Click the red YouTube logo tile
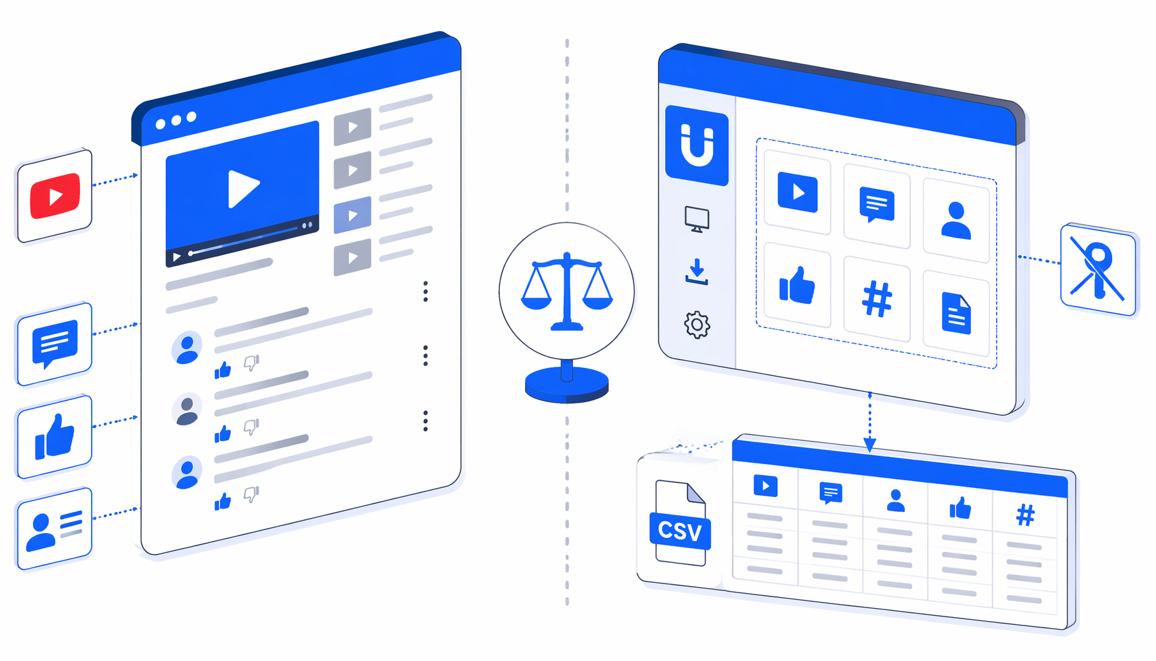coord(54,196)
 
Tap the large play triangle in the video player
coord(243,188)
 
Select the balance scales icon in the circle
coord(567,292)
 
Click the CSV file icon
coord(680,524)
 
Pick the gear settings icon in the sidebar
coord(697,325)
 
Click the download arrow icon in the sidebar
coord(697,272)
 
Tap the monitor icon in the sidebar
coord(697,219)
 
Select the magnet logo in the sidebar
coord(697,146)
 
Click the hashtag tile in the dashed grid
coord(877,299)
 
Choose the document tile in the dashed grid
coord(956,314)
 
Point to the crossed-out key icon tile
coord(1098,270)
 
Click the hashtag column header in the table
coord(1025,515)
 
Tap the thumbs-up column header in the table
coord(960,508)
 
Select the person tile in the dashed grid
coord(956,221)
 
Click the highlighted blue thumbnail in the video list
coord(352,215)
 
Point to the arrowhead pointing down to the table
coord(870,445)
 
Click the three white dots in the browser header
coord(176,121)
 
